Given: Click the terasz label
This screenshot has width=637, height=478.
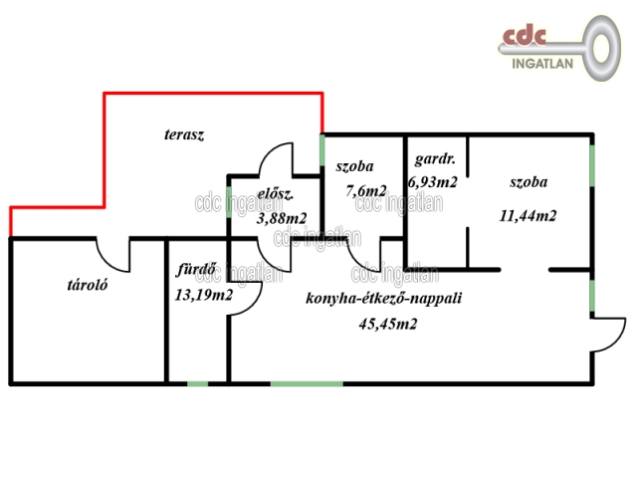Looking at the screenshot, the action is pyautogui.click(x=184, y=135).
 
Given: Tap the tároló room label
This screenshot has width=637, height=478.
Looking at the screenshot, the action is pyautogui.click(x=88, y=285).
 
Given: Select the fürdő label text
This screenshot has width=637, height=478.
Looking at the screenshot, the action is pyautogui.click(x=196, y=269).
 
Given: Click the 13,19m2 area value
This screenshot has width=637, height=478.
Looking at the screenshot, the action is pyautogui.click(x=203, y=295).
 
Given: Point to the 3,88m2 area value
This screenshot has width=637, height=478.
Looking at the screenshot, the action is pyautogui.click(x=282, y=219).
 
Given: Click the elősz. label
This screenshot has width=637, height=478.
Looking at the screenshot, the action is pyautogui.click(x=275, y=195).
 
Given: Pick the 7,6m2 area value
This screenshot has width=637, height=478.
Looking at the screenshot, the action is pyautogui.click(x=366, y=190).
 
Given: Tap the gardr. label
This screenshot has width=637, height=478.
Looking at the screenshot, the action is pyautogui.click(x=435, y=159).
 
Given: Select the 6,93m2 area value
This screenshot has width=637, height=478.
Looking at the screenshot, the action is pyautogui.click(x=433, y=182).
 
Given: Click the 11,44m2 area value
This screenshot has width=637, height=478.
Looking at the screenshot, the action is pyautogui.click(x=528, y=215).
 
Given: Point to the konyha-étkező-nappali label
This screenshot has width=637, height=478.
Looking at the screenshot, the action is pyautogui.click(x=383, y=299).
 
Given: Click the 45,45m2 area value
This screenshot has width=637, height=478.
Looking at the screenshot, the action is pyautogui.click(x=388, y=324).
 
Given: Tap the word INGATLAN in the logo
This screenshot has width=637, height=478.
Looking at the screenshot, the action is pyautogui.click(x=542, y=64).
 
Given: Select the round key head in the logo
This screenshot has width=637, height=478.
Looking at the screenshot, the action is pyautogui.click(x=601, y=48).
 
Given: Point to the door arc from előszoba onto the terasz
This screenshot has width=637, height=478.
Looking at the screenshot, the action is pyautogui.click(x=276, y=159).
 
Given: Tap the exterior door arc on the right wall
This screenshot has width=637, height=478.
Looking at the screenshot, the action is pyautogui.click(x=609, y=335).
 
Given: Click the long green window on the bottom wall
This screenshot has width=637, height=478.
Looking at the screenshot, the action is pyautogui.click(x=307, y=383).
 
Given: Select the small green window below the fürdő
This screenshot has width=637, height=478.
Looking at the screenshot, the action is pyautogui.click(x=198, y=383).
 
